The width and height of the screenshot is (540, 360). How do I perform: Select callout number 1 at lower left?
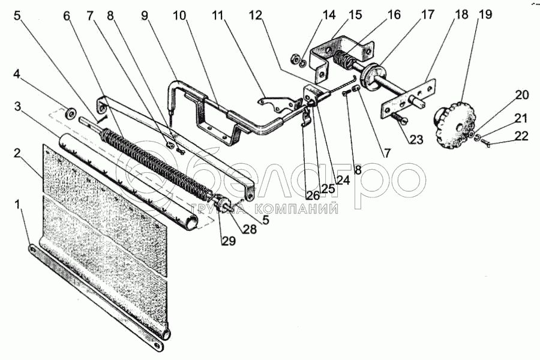click(19, 205)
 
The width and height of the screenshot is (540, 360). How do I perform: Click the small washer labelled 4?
click(70, 112)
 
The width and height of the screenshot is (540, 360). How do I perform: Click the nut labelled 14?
click(296, 59)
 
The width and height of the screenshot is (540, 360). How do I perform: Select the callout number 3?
click(19, 106)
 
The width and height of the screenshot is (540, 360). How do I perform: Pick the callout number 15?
click(355, 14)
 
